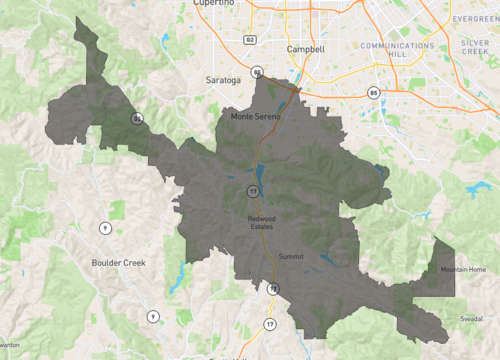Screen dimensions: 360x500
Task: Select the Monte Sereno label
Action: click(256, 116)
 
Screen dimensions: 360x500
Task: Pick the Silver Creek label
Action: click(474, 48)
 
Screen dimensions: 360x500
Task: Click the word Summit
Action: click(290, 257)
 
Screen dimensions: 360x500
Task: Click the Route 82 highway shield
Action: click(249, 40)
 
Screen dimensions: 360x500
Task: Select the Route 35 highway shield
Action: click(136, 118)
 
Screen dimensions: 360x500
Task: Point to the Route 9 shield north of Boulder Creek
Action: click(104, 228)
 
